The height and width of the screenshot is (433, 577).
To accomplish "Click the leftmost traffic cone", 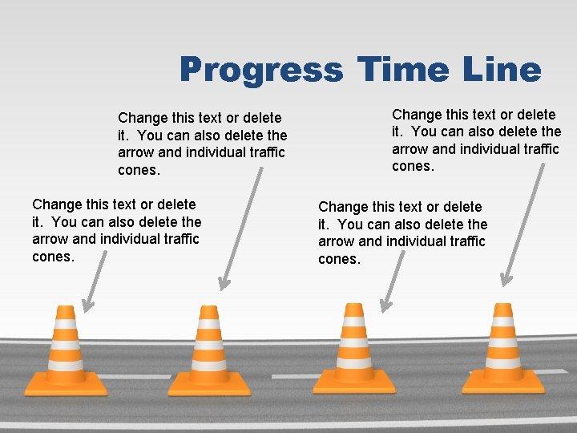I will pyautogui.click(x=65, y=353).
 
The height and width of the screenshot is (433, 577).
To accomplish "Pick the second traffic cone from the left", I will pyautogui.click(x=208, y=353).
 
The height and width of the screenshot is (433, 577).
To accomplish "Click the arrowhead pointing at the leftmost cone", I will pyautogui.click(x=86, y=306).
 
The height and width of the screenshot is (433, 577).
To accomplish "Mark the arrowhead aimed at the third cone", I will pyautogui.click(x=385, y=306).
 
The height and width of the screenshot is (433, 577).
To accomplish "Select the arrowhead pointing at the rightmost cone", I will pyautogui.click(x=506, y=280).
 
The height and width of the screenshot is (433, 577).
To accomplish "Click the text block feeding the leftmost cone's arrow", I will pyautogui.click(x=116, y=230).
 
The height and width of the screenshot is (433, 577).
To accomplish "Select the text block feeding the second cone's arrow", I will pyautogui.click(x=202, y=144).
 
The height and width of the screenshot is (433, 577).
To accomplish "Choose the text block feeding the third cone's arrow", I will pyautogui.click(x=402, y=233).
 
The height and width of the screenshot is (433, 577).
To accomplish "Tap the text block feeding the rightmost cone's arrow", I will pyautogui.click(x=476, y=140).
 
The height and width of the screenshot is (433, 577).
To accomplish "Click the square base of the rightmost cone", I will pyautogui.click(x=503, y=382).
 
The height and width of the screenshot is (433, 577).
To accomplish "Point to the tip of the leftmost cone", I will pyautogui.click(x=65, y=309).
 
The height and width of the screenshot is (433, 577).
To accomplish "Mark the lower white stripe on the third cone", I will pyautogui.click(x=353, y=362).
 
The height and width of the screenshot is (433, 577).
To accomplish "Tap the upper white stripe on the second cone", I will pyautogui.click(x=208, y=325).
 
